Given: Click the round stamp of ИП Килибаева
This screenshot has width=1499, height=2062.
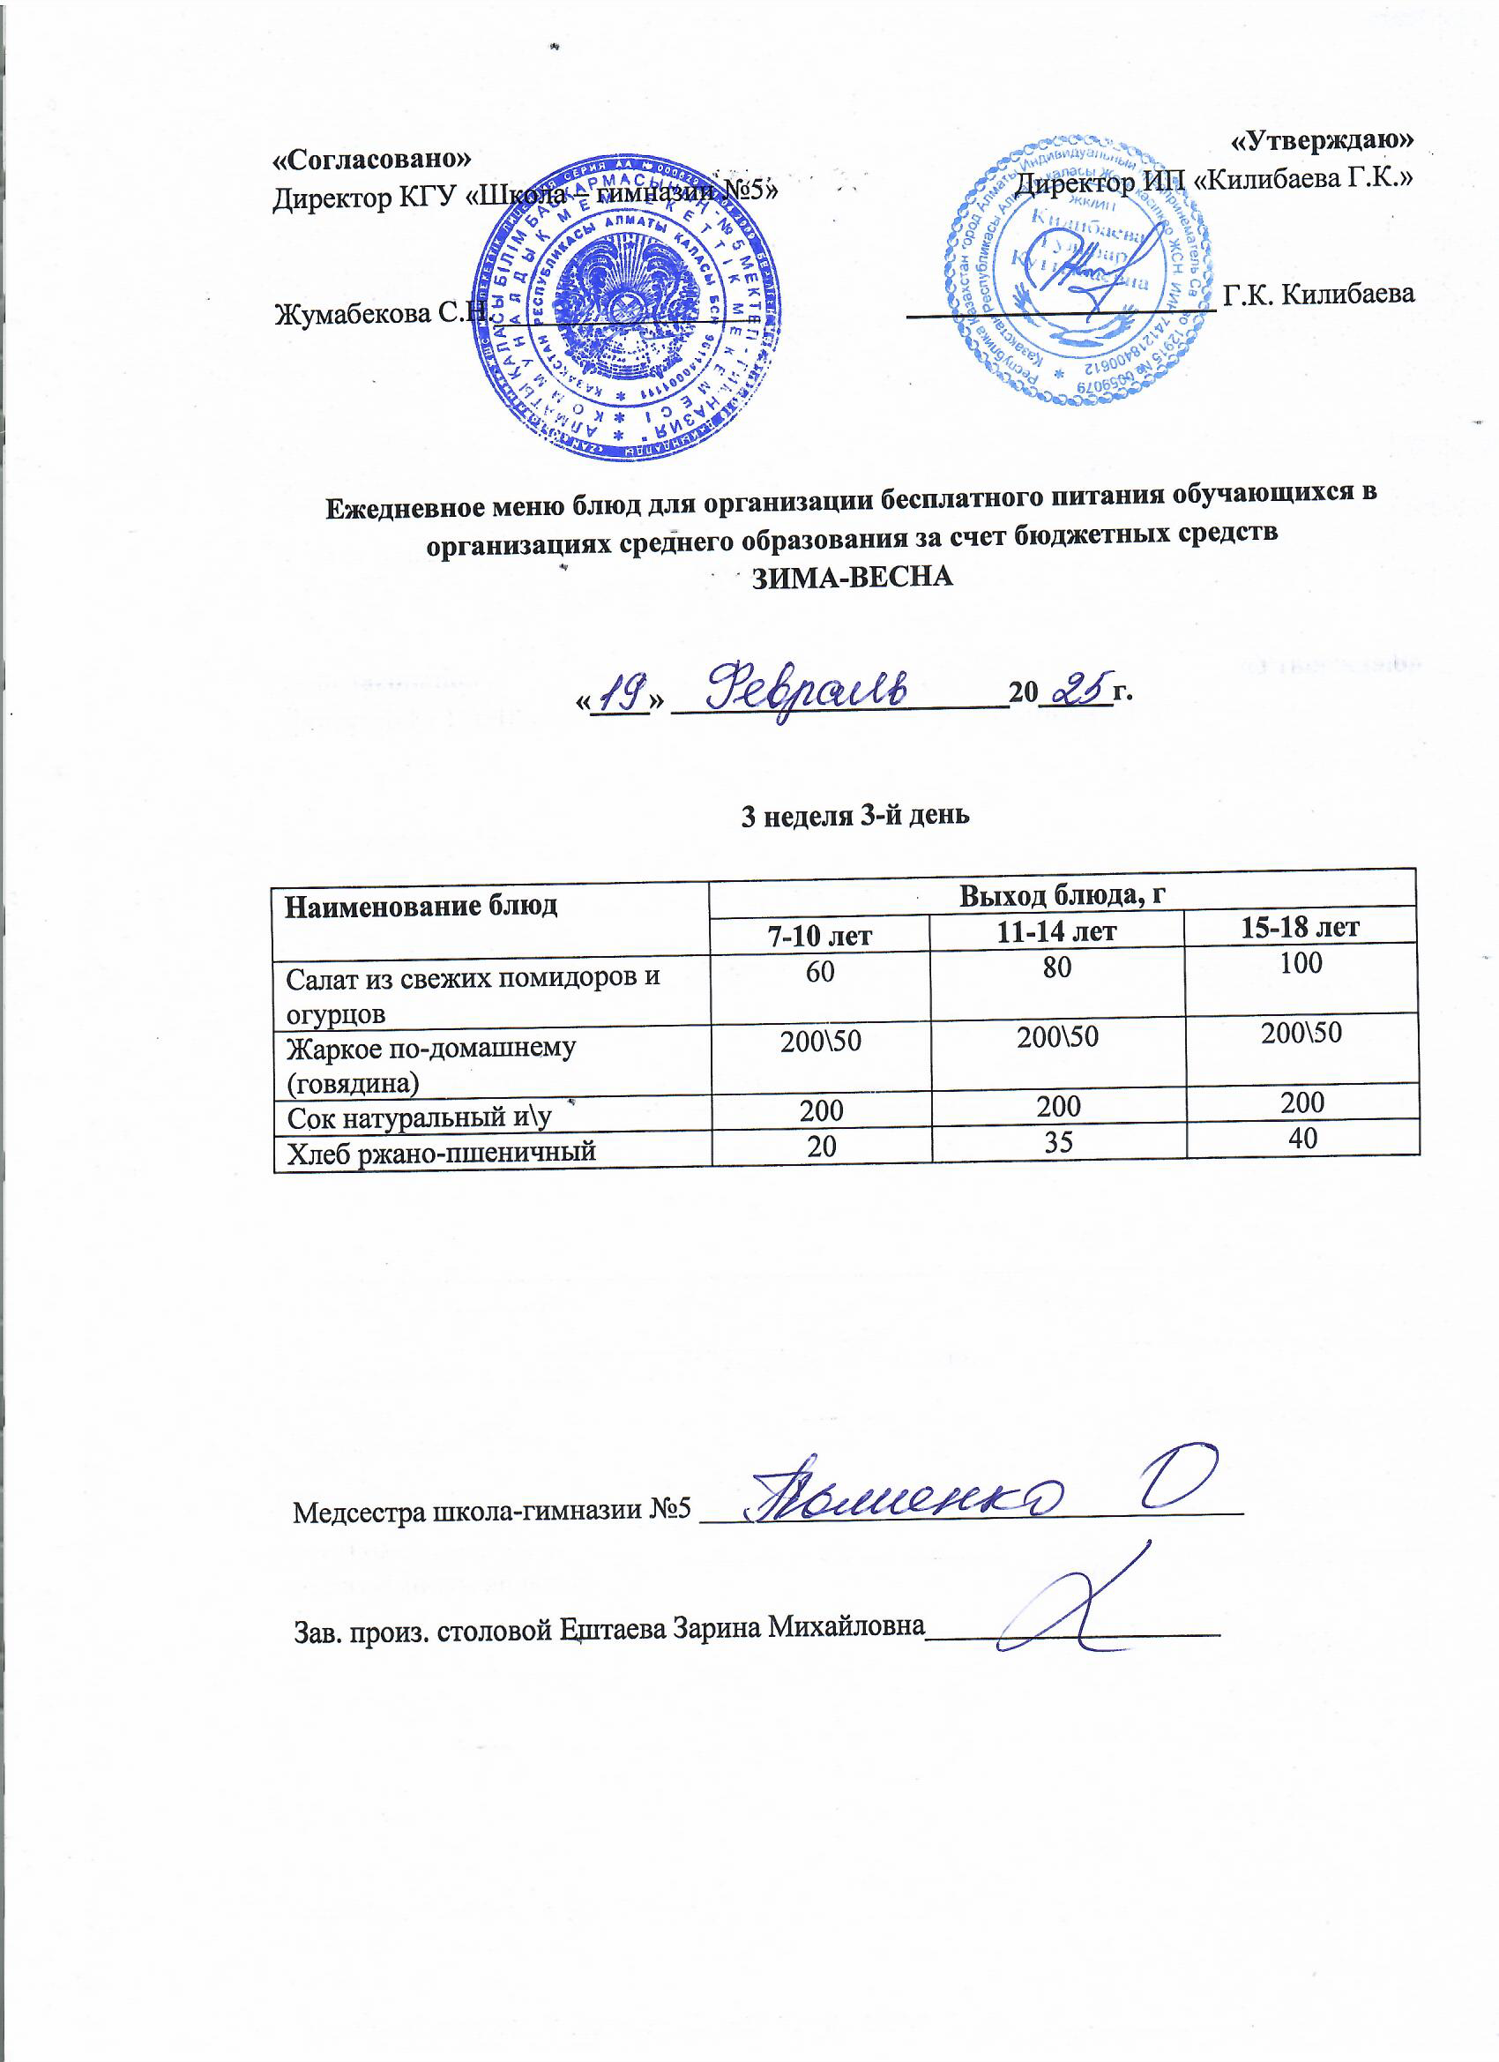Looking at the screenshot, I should pyautogui.click(x=1078, y=271).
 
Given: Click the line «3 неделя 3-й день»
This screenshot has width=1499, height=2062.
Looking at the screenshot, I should pyautogui.click(x=855, y=816).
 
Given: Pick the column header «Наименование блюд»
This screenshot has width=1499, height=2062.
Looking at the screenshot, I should pyautogui.click(x=421, y=907).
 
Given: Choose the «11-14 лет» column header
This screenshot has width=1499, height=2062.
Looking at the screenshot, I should pyautogui.click(x=1056, y=932).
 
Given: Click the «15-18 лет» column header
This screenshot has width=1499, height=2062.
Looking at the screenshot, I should pyautogui.click(x=1300, y=926).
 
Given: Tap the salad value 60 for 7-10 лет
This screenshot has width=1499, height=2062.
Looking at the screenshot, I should pyautogui.click(x=820, y=972).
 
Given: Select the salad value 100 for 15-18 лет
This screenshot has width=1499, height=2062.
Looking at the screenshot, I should pyautogui.click(x=1301, y=964).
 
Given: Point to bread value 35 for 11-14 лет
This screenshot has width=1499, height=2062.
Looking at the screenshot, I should pyautogui.click(x=1058, y=1142).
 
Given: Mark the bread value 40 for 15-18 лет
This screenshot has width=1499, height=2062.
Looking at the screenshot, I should pyautogui.click(x=1302, y=1139).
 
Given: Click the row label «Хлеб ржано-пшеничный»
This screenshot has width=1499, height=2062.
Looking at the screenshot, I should pyautogui.click(x=442, y=1152).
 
